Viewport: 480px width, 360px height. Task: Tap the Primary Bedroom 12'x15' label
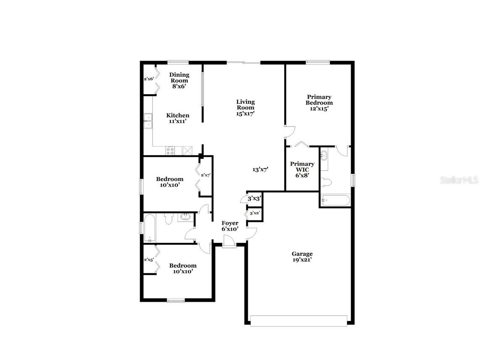point(319,102)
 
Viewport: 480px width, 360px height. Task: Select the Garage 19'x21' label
point(302,257)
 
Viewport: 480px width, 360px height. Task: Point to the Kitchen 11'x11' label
point(178,118)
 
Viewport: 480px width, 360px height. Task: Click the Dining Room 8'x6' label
point(179,80)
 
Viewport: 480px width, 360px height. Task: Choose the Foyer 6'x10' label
point(230,226)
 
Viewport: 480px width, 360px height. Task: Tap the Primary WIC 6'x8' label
point(302,170)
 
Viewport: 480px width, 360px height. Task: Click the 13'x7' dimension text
point(260,170)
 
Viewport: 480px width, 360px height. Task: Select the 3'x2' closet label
point(255,213)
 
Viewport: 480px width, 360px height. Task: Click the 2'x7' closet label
point(205,175)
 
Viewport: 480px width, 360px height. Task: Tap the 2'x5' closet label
point(148,259)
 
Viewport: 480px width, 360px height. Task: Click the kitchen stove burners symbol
point(171,150)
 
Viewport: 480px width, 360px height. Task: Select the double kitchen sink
point(148,121)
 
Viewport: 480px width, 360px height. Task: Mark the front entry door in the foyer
point(229,242)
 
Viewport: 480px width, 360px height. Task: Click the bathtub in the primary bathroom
point(335,200)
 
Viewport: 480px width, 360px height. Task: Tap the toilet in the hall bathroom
point(169,219)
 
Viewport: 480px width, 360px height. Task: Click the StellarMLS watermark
point(459,180)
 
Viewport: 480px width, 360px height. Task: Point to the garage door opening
point(299,321)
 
